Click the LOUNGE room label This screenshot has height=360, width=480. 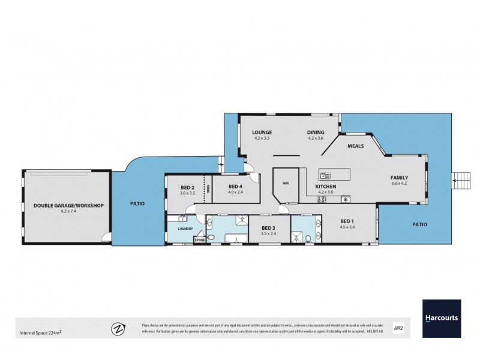tap(262, 133)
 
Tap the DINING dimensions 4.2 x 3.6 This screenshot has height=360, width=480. tap(316, 139)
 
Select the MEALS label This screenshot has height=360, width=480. tap(356, 146)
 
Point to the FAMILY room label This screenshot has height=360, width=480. tap(400, 177)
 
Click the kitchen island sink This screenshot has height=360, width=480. tap(324, 176)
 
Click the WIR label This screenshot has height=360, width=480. tap(286, 184)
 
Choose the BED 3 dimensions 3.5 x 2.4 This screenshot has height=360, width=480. tap(268, 233)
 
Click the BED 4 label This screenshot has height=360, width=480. tap(235, 187)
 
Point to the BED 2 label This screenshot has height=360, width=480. tap(188, 187)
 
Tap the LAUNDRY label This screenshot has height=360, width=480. tap(184, 228)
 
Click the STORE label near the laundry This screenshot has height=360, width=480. tap(199, 241)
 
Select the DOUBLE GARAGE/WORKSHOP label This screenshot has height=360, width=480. tap(68, 205)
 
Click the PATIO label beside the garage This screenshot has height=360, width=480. tap(137, 204)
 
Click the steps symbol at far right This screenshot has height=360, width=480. tap(461, 178)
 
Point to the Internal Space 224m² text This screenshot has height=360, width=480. tap(41, 332)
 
